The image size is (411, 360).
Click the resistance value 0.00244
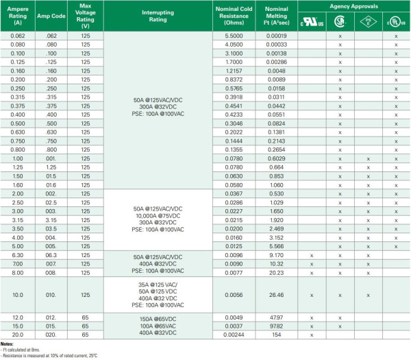click(x=233, y=335)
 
